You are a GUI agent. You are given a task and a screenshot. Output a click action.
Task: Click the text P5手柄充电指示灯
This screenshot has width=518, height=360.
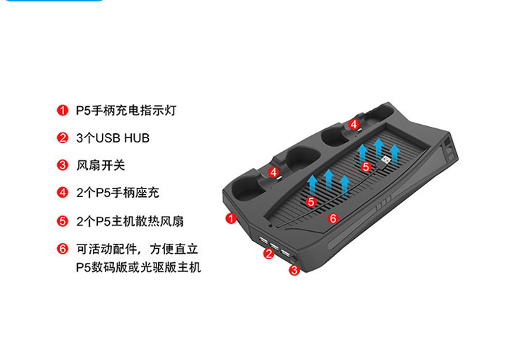(x=126, y=111)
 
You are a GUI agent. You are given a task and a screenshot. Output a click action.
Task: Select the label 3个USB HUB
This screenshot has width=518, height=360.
(x=113, y=138)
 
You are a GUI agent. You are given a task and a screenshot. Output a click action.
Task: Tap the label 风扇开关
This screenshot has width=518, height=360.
(x=101, y=165)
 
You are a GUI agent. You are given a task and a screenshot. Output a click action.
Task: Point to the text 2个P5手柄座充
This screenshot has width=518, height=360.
(x=118, y=193)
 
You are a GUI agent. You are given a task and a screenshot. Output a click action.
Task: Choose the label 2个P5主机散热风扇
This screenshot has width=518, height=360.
(x=130, y=221)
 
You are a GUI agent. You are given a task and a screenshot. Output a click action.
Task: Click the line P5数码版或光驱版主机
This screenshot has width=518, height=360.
(x=138, y=267)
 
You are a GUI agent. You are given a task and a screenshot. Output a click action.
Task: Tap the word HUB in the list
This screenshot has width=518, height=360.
(x=137, y=138)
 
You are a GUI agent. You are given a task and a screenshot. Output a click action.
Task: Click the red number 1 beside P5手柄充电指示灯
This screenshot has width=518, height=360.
(x=62, y=111)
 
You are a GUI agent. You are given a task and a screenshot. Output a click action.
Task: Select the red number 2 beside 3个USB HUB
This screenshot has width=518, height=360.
(x=62, y=137)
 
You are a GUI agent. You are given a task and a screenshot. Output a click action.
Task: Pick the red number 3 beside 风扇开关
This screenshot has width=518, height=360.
(x=62, y=165)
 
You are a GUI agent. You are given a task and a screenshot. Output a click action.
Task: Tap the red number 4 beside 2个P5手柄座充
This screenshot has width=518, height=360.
(x=62, y=192)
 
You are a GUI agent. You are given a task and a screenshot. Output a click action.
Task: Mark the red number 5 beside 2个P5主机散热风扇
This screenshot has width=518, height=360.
(x=62, y=221)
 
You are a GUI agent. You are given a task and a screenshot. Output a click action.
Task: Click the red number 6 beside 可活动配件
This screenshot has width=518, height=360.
(x=62, y=249)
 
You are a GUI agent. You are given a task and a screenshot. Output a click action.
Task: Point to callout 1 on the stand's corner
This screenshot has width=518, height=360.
(x=231, y=218)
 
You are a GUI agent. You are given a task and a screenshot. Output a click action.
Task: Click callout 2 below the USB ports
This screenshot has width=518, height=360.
(x=269, y=254)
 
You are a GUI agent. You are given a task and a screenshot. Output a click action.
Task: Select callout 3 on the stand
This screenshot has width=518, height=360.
(x=293, y=270)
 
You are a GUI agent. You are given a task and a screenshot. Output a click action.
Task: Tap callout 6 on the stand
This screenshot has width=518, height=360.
(x=333, y=218)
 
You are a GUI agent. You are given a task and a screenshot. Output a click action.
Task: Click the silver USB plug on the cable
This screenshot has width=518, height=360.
(x=385, y=161)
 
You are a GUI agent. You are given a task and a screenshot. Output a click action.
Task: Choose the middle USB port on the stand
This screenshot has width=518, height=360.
(x=274, y=246)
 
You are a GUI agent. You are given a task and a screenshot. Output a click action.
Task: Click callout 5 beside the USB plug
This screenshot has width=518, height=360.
(x=366, y=167)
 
